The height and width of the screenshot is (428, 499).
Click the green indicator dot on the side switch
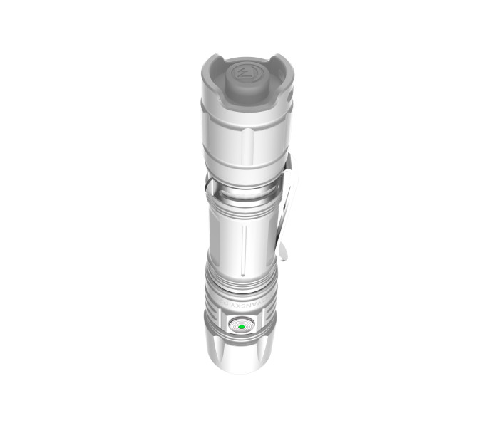[241, 327]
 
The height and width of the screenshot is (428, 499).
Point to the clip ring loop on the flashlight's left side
[208, 188]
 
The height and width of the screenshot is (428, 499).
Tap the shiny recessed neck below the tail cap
[242, 191]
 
